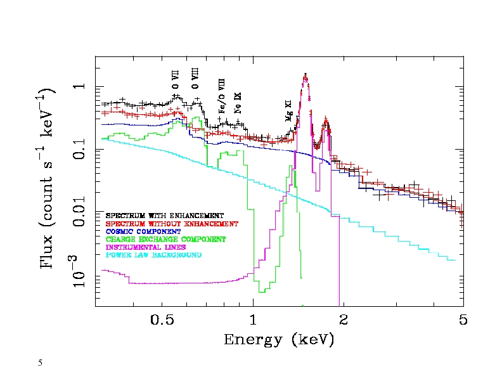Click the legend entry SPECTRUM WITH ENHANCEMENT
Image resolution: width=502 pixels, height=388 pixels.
(165, 216)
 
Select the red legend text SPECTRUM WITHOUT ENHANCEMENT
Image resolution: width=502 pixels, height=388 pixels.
(172, 224)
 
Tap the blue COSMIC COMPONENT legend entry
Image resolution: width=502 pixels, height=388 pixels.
(143, 231)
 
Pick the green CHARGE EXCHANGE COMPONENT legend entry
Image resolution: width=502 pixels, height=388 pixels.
(165, 240)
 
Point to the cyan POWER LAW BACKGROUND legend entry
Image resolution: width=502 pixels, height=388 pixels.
(153, 255)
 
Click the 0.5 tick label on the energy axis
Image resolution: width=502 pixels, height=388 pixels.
(163, 320)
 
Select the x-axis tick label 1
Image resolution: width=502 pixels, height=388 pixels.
(253, 320)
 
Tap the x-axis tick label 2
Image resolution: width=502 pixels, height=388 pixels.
(343, 320)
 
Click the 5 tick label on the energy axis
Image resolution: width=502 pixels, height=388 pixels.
(463, 320)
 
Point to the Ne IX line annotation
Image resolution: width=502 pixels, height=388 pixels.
(238, 102)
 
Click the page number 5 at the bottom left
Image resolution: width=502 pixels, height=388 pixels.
(40, 363)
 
